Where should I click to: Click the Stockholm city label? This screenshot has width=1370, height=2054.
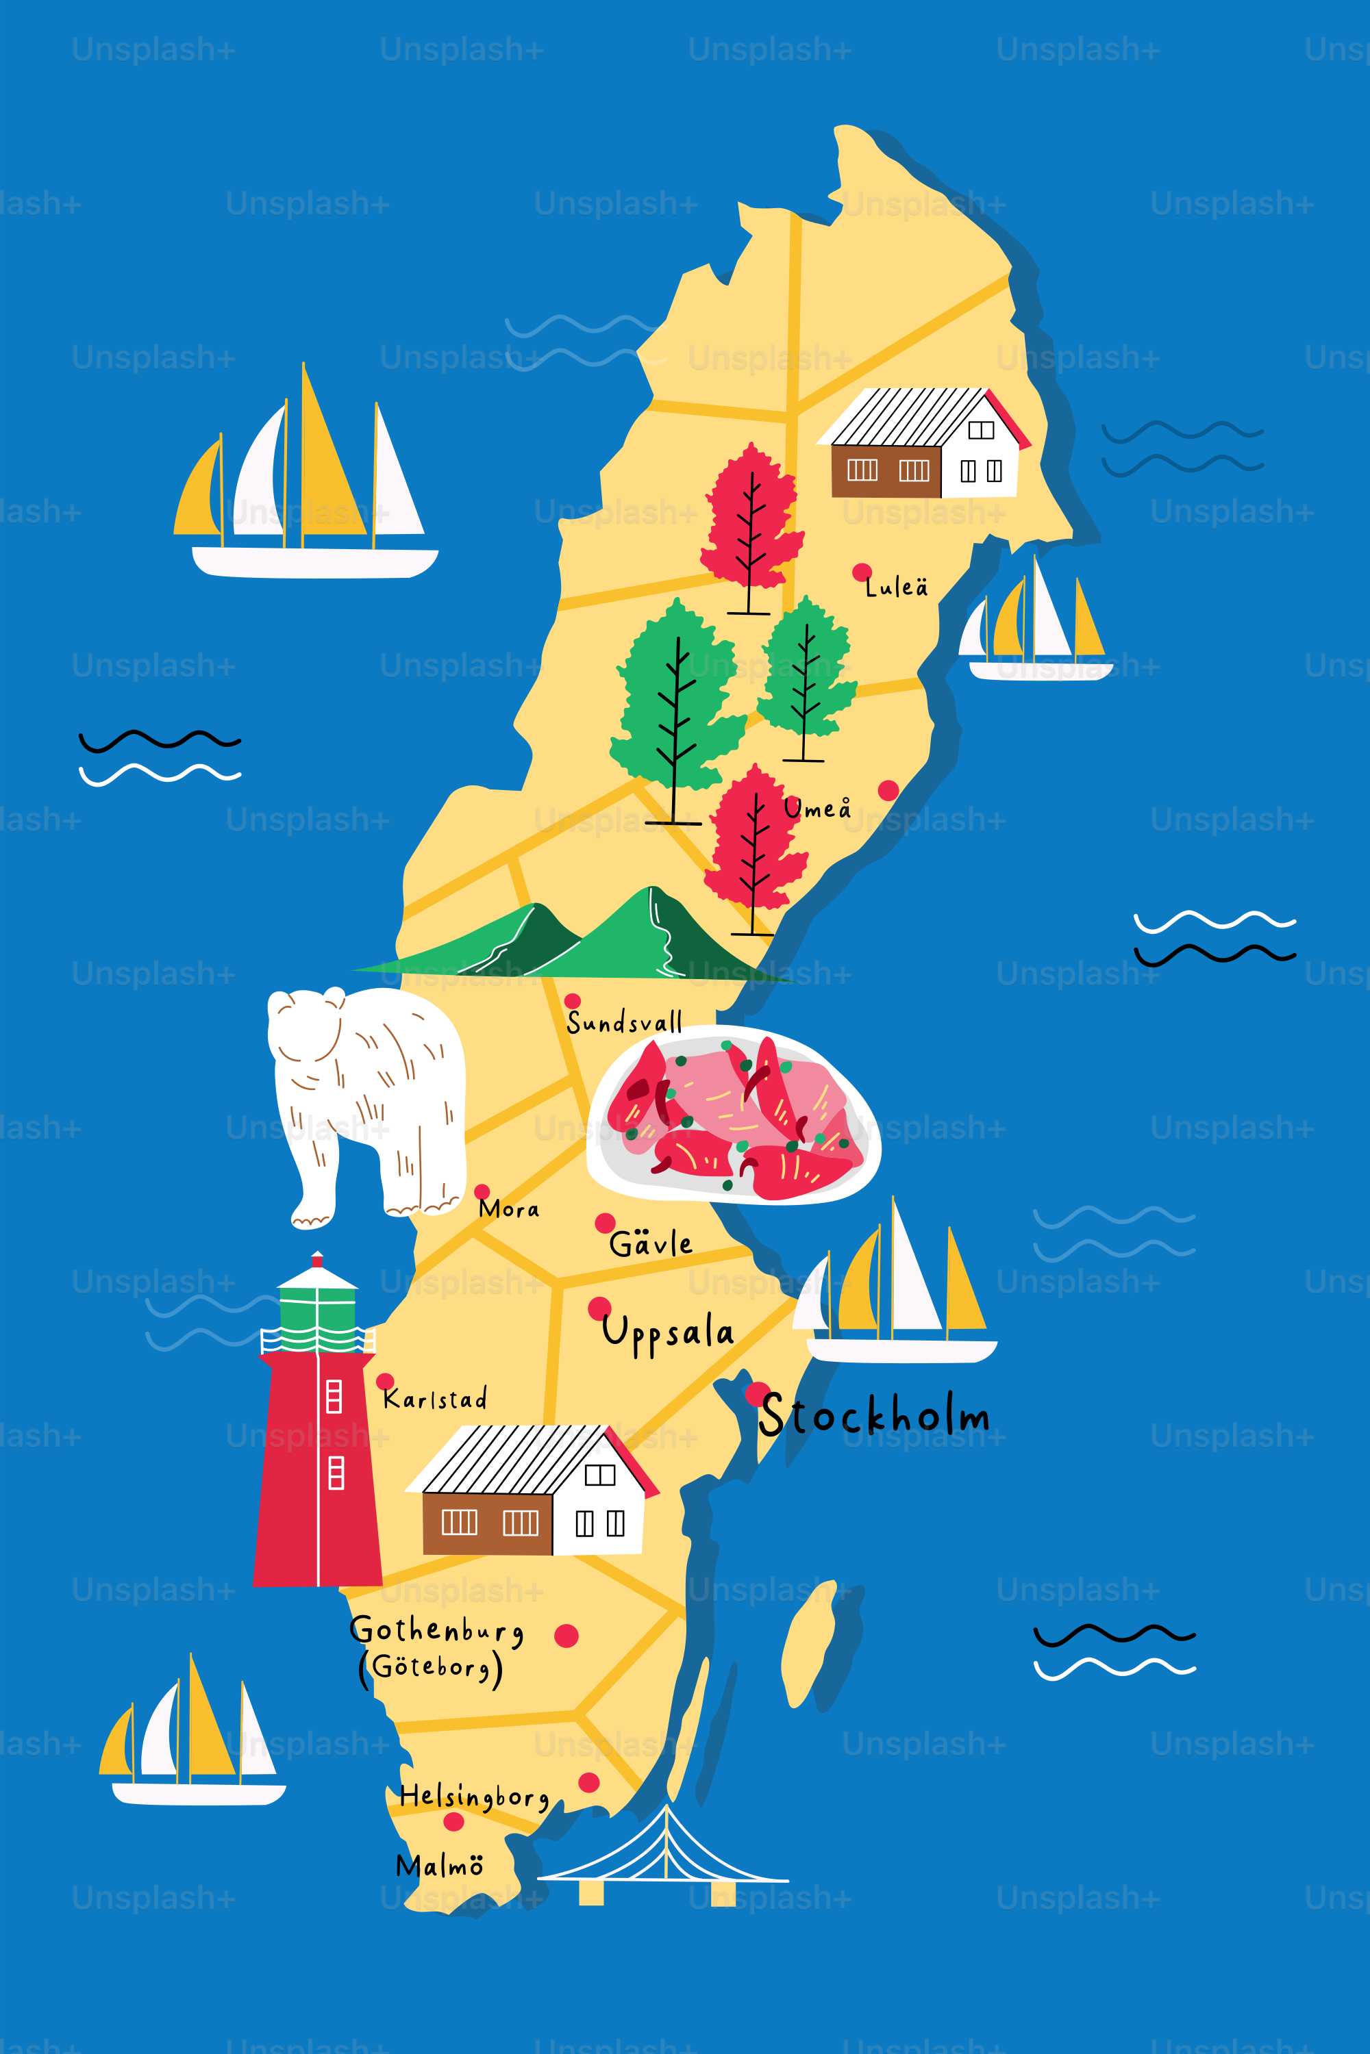pyautogui.click(x=874, y=1416)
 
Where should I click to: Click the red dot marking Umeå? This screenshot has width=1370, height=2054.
pyautogui.click(x=888, y=790)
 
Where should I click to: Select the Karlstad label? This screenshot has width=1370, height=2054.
pyautogui.click(x=435, y=1399)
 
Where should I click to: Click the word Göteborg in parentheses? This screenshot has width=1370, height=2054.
pyautogui.click(x=431, y=1667)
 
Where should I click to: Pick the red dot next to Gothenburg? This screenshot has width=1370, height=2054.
pyautogui.click(x=566, y=1636)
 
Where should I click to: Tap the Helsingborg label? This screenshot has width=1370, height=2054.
pyautogui.click(x=473, y=1797)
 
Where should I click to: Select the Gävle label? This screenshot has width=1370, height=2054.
pyautogui.click(x=651, y=1243)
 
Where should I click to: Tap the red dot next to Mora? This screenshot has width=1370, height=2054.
pyautogui.click(x=482, y=1191)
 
